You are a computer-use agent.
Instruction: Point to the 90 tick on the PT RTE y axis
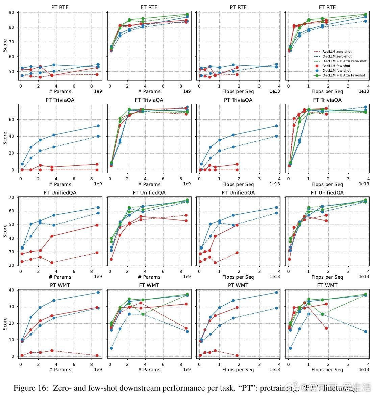coord(11,13)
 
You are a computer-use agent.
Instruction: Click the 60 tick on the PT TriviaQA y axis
coord(11,120)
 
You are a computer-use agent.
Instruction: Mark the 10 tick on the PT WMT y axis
coord(11,340)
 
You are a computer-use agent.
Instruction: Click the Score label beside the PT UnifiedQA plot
coord(5,231)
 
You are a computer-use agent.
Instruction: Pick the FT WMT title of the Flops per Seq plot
coord(327,285)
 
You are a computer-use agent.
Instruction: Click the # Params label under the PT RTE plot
coord(60,91)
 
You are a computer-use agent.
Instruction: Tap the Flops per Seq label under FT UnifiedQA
coord(327,277)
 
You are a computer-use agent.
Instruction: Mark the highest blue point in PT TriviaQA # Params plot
coord(98,126)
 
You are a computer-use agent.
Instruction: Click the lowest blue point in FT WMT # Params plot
coord(111,348)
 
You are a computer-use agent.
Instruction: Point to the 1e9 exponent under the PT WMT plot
coord(98,370)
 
